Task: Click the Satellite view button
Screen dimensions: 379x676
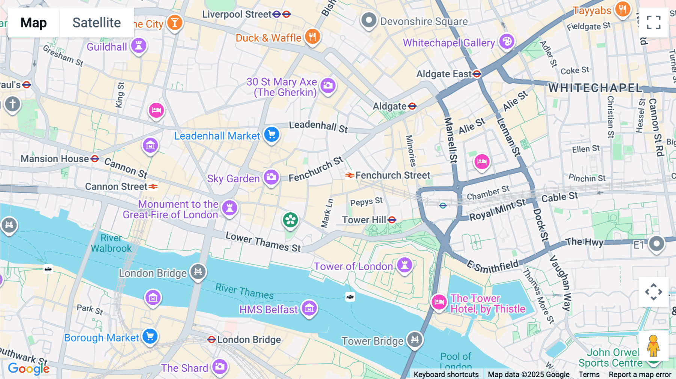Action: (97, 23)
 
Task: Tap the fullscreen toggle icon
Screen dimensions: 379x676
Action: (653, 23)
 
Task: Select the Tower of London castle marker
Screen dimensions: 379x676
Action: (404, 265)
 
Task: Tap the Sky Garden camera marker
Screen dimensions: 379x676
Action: (271, 177)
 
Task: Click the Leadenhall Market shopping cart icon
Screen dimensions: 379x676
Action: (272, 134)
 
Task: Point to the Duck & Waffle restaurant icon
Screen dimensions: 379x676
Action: (312, 36)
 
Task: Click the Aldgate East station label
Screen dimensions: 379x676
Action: (444, 74)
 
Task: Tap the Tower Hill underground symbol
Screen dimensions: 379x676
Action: (392, 220)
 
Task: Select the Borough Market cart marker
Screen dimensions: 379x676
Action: (150, 336)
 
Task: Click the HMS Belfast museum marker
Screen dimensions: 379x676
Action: (309, 308)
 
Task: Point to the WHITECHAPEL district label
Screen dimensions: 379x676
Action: (595, 88)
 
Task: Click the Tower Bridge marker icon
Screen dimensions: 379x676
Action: (415, 340)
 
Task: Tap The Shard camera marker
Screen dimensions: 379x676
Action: (220, 366)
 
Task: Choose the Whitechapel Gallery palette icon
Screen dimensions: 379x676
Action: (507, 41)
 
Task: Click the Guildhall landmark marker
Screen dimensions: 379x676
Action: (139, 46)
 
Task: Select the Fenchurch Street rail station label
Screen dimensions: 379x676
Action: (392, 175)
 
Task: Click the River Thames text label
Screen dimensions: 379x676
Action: (244, 291)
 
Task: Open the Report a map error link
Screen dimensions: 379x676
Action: (640, 374)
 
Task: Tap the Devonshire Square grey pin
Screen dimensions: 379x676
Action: (368, 20)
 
